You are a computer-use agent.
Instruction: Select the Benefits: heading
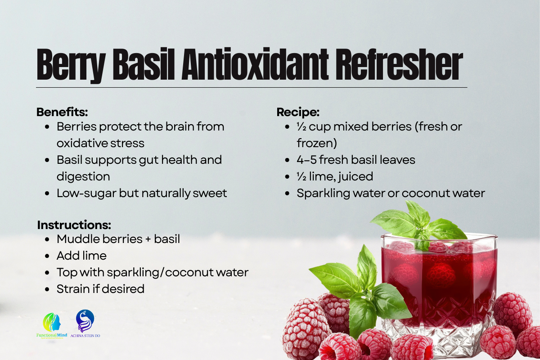coord(62,112)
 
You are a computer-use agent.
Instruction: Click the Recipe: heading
coord(298,112)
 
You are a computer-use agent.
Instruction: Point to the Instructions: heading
coord(74,225)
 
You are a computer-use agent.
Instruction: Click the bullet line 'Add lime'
coord(81,256)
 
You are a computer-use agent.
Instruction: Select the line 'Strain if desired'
coord(100,289)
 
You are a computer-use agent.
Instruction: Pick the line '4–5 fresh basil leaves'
coord(355,160)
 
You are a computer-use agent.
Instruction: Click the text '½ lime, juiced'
coord(335,176)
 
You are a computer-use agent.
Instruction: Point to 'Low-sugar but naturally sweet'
coord(142,193)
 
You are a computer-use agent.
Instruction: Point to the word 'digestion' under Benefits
coord(83,176)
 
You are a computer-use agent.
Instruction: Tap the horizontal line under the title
coord(252,87)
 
